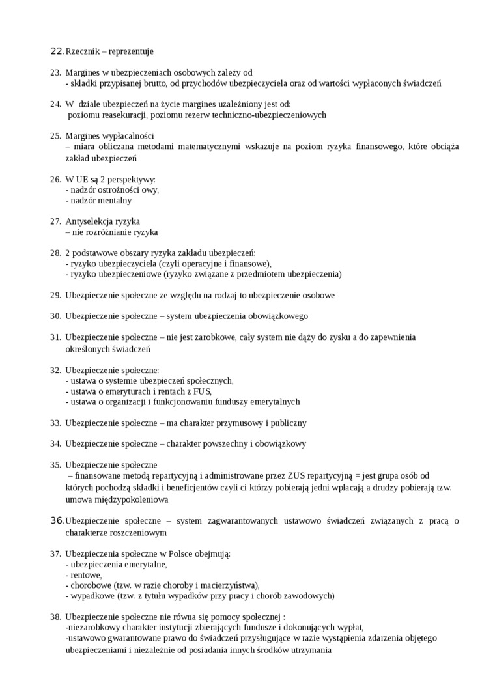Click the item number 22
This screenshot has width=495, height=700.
tap(57, 51)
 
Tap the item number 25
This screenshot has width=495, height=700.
tap(55, 136)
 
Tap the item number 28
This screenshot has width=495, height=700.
tap(55, 253)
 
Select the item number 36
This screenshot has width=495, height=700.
tap(57, 520)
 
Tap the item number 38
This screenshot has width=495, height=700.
tap(55, 617)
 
